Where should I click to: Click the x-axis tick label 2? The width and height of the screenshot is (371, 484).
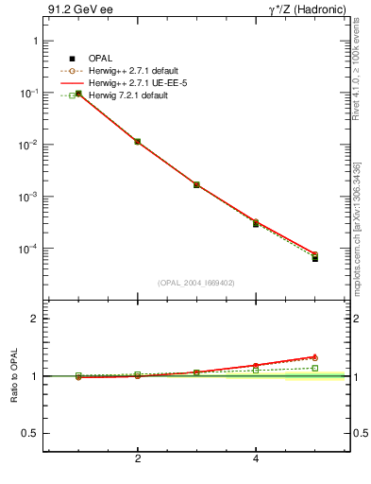138,459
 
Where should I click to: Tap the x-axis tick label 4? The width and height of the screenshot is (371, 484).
256,459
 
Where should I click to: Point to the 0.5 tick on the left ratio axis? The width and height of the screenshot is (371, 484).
30,433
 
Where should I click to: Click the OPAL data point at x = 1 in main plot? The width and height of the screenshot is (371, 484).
78,94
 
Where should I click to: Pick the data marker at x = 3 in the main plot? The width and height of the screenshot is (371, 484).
196,184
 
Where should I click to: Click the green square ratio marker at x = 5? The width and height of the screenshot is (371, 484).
314,368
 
